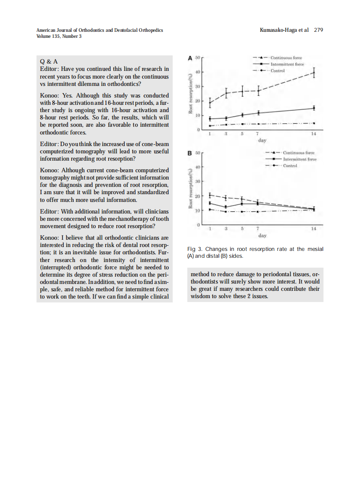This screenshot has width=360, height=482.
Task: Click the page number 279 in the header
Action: [x=318, y=30]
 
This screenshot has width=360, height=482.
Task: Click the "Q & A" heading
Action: [x=49, y=61]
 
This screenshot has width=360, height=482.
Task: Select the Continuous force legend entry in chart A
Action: [x=287, y=58]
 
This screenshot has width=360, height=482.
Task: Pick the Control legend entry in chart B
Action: [x=290, y=166]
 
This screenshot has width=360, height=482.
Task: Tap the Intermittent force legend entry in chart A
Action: [x=287, y=64]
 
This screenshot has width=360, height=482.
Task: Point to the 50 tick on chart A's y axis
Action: [x=198, y=57]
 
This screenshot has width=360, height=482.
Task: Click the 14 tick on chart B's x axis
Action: [x=314, y=229]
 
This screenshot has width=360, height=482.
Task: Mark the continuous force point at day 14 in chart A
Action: [x=314, y=73]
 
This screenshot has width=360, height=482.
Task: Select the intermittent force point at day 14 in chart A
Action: [x=314, y=108]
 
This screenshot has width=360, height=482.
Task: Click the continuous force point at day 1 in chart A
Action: [x=210, y=103]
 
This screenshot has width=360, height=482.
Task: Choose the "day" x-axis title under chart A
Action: [x=262, y=140]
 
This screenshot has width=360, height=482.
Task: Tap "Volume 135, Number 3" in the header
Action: [x=59, y=36]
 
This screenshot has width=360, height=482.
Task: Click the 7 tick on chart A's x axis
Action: [x=257, y=134]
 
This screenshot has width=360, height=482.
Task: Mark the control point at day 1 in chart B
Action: [x=210, y=209]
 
